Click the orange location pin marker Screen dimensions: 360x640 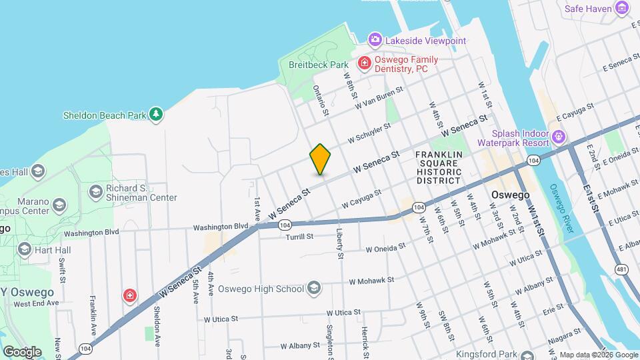321,159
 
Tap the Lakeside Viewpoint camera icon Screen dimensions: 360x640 375,40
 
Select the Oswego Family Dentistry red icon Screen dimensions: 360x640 364,63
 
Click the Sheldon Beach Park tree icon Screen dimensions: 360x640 156,115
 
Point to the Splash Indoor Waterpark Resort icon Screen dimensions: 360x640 559,137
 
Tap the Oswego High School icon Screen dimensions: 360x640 314,289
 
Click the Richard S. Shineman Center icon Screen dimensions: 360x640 96,192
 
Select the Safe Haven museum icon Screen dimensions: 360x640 623,8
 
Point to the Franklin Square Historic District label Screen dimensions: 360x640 438,167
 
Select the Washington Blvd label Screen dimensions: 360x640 221,227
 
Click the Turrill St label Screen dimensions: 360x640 299,237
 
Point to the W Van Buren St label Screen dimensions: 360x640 379,97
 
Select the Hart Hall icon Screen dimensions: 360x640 25,249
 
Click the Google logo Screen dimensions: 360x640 22,351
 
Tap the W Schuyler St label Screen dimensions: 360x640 369,133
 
